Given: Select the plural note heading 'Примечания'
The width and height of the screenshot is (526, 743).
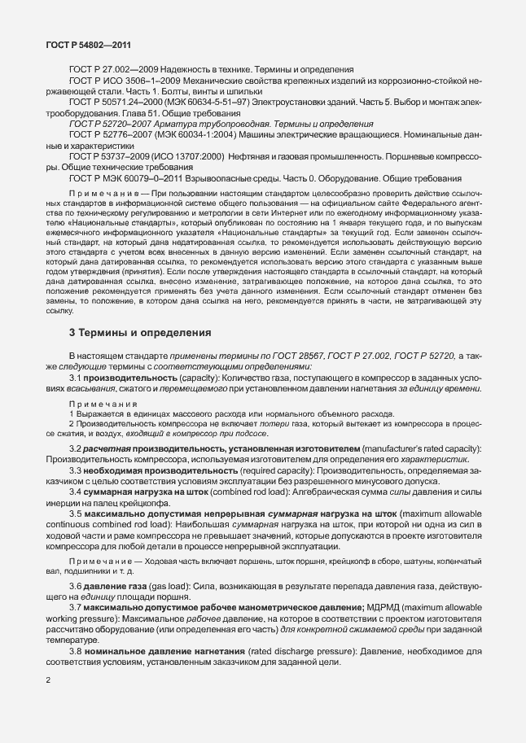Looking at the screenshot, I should (x=103, y=404).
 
